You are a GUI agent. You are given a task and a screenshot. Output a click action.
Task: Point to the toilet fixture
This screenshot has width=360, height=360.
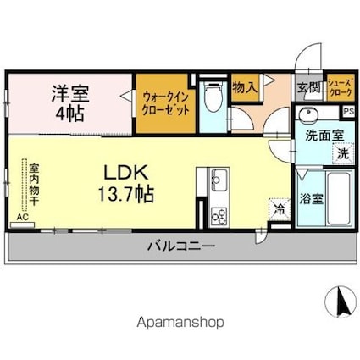[x=213, y=99]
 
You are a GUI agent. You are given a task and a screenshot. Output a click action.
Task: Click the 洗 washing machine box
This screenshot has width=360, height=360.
[x=342, y=154]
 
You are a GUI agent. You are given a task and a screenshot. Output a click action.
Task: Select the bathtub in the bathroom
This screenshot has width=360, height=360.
[x=338, y=197]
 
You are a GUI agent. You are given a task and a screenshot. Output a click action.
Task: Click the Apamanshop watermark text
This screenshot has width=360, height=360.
[x=180, y=322]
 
